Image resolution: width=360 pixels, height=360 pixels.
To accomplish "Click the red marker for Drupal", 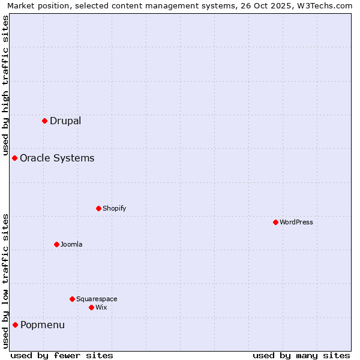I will pyautogui.click(x=44, y=121).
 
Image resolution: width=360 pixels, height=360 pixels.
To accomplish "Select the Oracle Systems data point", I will pyautogui.click(x=15, y=158).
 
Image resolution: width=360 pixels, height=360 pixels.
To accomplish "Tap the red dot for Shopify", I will pyautogui.click(x=98, y=208).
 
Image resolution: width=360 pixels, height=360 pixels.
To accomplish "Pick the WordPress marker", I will pyautogui.click(x=275, y=222).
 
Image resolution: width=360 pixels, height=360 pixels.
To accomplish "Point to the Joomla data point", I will pyautogui.click(x=56, y=244).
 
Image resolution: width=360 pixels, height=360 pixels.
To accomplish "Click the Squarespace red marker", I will pyautogui.click(x=72, y=299).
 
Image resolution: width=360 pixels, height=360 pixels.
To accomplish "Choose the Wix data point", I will pyautogui.click(x=91, y=307).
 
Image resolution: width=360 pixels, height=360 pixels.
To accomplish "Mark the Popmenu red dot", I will pyautogui.click(x=15, y=325).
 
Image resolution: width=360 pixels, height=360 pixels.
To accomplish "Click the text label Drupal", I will pyautogui.click(x=65, y=121).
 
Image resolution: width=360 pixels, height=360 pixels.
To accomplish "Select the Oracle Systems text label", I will pyautogui.click(x=57, y=158).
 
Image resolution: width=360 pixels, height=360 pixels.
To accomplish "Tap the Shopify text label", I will pyautogui.click(x=114, y=208).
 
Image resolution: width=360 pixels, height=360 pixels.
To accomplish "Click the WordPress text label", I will pyautogui.click(x=296, y=222).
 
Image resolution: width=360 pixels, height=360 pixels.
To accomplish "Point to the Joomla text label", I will pyautogui.click(x=71, y=244).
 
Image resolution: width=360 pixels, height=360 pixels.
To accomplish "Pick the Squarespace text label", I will pyautogui.click(x=97, y=299).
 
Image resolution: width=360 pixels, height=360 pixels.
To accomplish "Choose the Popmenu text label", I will pyautogui.click(x=43, y=325).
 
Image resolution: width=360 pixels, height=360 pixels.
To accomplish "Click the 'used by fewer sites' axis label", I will pyautogui.click(x=62, y=355).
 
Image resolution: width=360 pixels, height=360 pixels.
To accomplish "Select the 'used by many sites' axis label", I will pyautogui.click(x=301, y=355).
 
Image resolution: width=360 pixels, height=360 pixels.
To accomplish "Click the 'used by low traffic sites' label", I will pyautogui.click(x=5, y=281).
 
